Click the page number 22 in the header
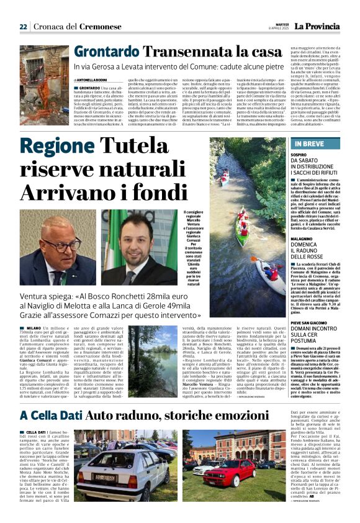click(23, 27)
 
